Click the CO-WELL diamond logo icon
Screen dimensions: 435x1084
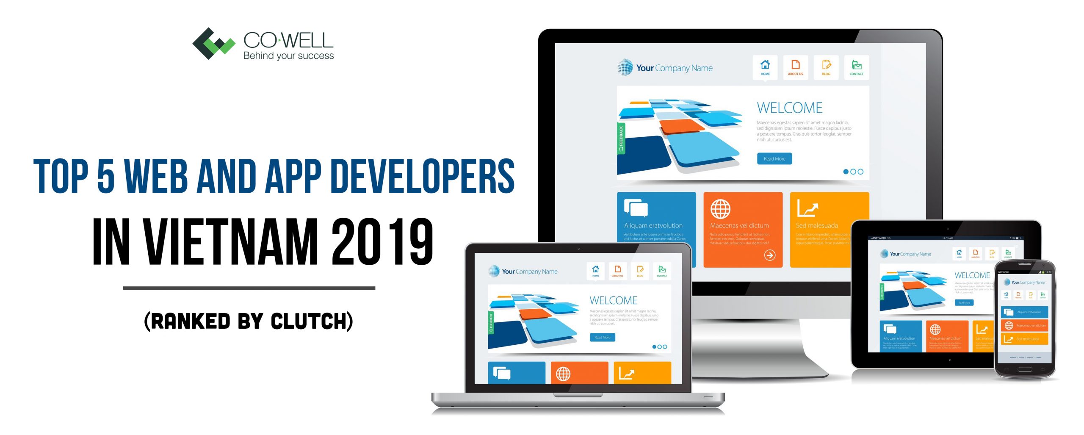coord(213,44)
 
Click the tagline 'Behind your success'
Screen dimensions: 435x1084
coord(288,56)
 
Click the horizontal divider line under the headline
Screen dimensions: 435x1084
coord(249,288)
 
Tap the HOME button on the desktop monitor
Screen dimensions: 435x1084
coord(765,67)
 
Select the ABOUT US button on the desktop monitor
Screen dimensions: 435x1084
coord(795,67)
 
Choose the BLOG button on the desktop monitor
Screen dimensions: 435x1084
coord(826,67)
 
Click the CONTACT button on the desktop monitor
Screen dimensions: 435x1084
coord(856,67)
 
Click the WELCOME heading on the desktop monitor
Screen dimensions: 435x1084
coord(789,108)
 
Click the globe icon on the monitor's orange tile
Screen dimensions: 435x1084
coord(720,209)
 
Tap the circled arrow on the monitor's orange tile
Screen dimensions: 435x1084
coord(769,255)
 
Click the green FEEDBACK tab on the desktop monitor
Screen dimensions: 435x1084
coord(621,139)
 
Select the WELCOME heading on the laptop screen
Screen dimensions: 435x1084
coord(613,300)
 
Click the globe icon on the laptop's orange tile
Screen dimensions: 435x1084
coord(563,374)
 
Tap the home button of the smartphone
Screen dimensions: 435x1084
coord(1025,369)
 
